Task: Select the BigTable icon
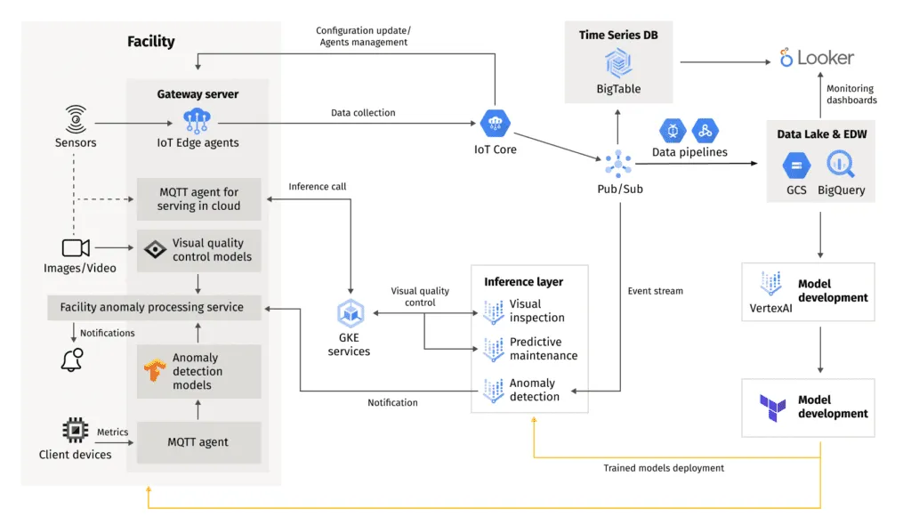(618, 63)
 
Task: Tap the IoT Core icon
(494, 124)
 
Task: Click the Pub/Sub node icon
(617, 162)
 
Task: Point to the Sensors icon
(76, 118)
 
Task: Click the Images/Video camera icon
(76, 247)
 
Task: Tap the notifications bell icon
(72, 359)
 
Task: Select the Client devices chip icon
(75, 432)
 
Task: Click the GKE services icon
(349, 313)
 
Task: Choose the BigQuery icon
(840, 165)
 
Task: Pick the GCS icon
(795, 165)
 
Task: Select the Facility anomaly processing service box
(152, 307)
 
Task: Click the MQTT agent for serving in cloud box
(198, 198)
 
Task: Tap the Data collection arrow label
(363, 113)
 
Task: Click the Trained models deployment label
(664, 468)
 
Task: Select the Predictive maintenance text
(543, 349)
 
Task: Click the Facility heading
(150, 41)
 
